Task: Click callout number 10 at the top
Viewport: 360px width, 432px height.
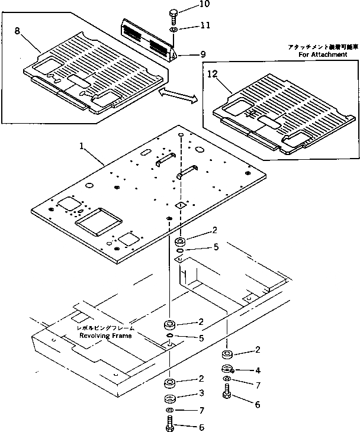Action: click(188, 4)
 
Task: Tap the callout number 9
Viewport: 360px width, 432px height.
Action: click(202, 54)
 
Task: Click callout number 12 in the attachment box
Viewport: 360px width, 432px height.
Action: click(214, 75)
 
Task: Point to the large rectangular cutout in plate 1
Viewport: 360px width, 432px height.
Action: click(98, 224)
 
